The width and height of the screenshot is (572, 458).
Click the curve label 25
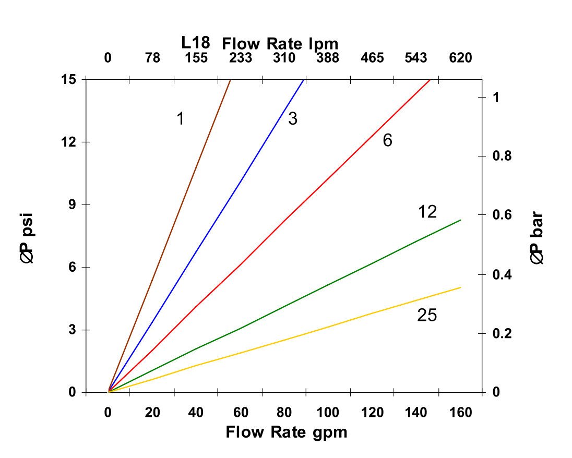pos(427,316)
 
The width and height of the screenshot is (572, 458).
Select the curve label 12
pos(427,212)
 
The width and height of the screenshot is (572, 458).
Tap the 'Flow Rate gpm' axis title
pos(286,432)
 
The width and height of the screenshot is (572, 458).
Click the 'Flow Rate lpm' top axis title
pos(280,43)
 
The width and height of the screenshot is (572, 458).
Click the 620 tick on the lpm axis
pos(460,58)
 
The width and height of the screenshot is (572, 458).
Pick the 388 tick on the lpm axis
pos(328,58)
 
